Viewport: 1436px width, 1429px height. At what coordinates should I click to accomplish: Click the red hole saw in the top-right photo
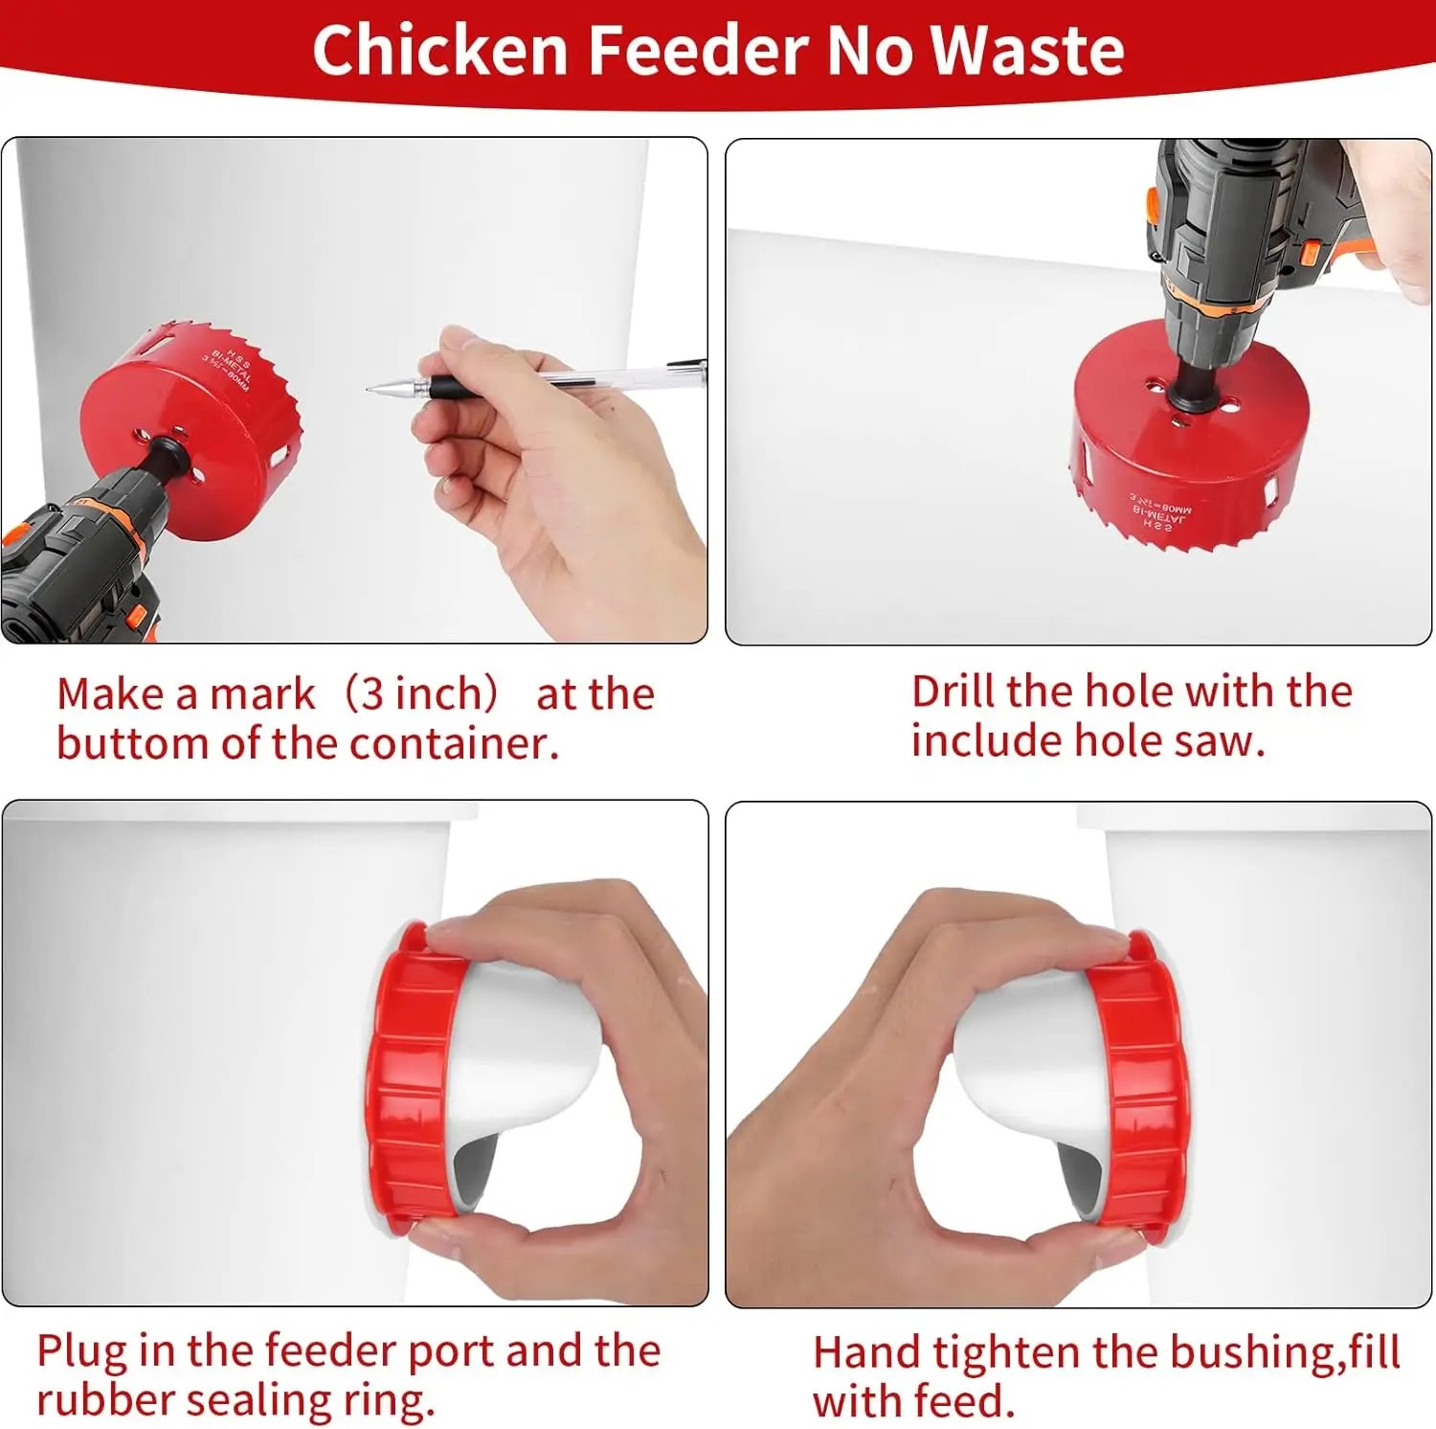(1187, 450)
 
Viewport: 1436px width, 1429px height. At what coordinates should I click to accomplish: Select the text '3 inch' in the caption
(421, 693)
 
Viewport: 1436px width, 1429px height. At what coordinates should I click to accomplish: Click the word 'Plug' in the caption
(80, 1352)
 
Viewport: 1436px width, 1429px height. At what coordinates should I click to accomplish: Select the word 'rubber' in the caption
(105, 1400)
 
